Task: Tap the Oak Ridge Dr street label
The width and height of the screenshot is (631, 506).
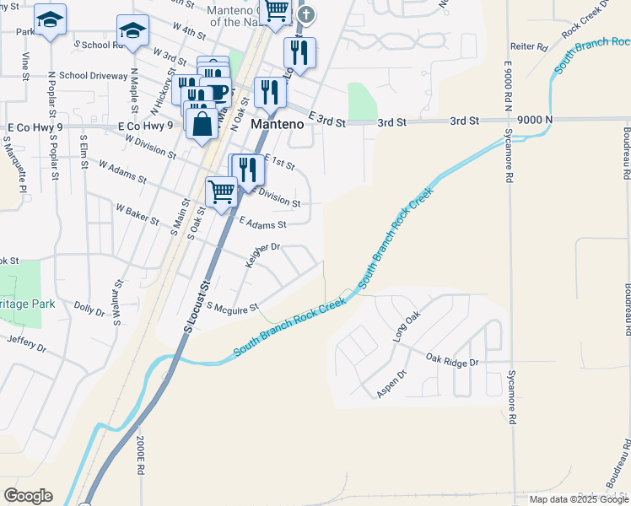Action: [x=452, y=361]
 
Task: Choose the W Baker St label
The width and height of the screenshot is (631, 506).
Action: [x=138, y=213]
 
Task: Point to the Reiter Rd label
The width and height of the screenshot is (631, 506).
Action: [x=530, y=47]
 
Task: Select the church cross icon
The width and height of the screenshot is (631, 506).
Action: [x=307, y=14]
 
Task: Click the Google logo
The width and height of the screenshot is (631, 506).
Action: [x=28, y=496]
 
